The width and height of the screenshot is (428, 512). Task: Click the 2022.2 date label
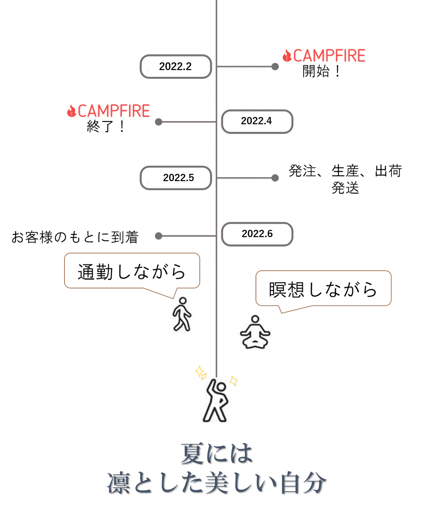pyautogui.click(x=175, y=67)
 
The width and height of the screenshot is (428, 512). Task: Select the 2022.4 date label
pyautogui.click(x=256, y=121)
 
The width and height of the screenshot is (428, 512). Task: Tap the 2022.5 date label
pyautogui.click(x=178, y=178)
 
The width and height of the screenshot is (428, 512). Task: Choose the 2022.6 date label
pyautogui.click(x=257, y=234)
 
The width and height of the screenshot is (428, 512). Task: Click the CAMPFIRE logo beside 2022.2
pyautogui.click(x=326, y=55)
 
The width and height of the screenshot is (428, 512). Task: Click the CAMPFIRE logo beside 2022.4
pyautogui.click(x=111, y=110)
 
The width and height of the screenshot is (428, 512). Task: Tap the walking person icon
pyautogui.click(x=182, y=313)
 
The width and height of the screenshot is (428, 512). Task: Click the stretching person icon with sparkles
pyautogui.click(x=217, y=400)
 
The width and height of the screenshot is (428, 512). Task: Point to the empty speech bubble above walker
pyautogui.click(x=132, y=270)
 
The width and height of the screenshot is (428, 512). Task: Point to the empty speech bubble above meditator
pyautogui.click(x=324, y=288)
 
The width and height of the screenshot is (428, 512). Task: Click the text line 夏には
pyautogui.click(x=215, y=453)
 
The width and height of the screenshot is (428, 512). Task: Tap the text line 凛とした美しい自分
pyautogui.click(x=216, y=483)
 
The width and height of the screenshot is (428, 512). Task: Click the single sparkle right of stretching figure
pyautogui.click(x=234, y=380)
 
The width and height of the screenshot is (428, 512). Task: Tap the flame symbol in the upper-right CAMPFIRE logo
pyautogui.click(x=287, y=56)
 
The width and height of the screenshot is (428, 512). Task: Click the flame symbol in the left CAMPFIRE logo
pyautogui.click(x=71, y=111)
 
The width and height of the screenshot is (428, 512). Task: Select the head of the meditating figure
pyautogui.click(x=255, y=320)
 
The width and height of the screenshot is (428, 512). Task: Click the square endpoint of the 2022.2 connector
pyautogui.click(x=275, y=68)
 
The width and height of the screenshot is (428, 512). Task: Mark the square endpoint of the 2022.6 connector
pyautogui.click(x=158, y=235)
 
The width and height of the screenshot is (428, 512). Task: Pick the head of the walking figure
pyautogui.click(x=183, y=301)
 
